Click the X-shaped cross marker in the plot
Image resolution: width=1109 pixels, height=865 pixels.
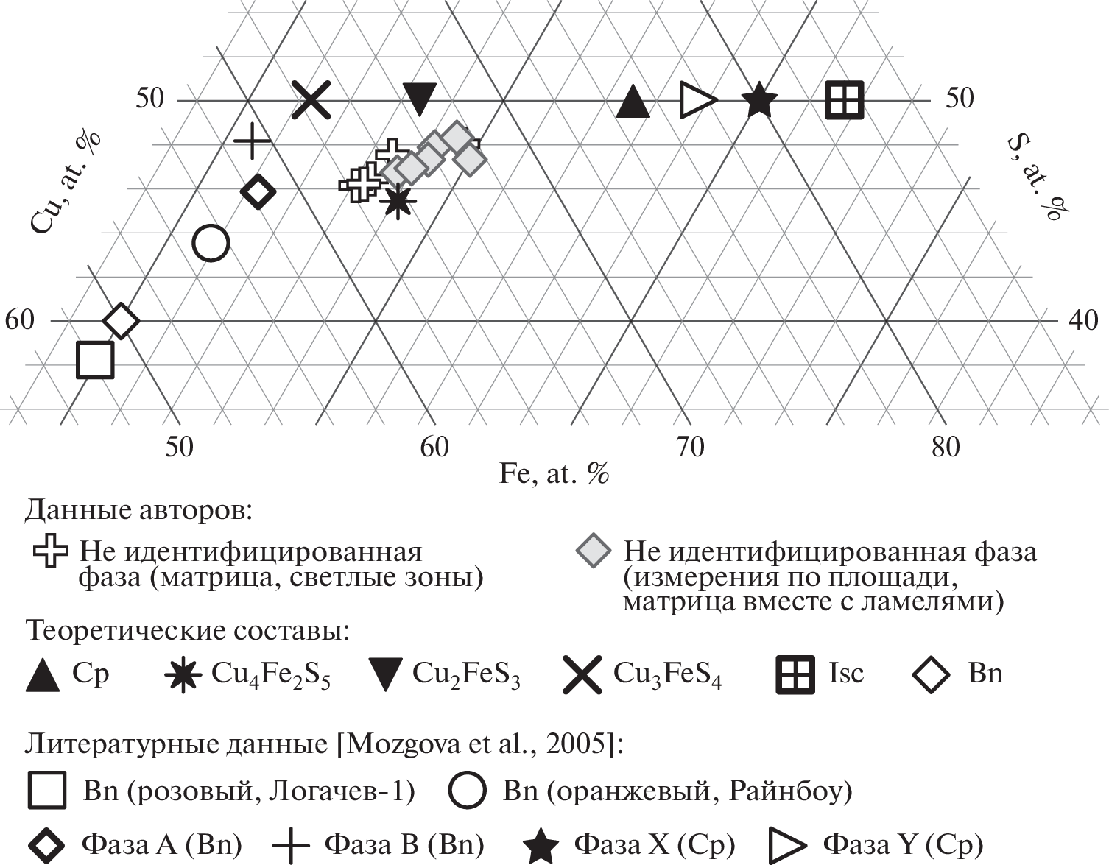(x=311, y=99)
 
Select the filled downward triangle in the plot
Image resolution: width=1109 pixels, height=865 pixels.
(x=420, y=97)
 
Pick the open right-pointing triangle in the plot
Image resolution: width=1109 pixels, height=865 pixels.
(x=697, y=99)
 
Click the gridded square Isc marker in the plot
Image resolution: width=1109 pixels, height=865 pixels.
(x=845, y=99)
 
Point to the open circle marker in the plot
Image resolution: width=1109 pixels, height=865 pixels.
(x=211, y=243)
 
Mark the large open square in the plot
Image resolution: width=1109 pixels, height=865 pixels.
(x=95, y=360)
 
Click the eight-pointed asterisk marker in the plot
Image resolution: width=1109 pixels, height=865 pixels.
(x=398, y=201)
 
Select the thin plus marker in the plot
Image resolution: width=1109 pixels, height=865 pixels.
(x=252, y=141)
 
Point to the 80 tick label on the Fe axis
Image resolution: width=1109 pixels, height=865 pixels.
(x=946, y=448)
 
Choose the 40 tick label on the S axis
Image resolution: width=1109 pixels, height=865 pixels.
(x=1083, y=320)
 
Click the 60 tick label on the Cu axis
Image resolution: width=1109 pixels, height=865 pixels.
(x=19, y=320)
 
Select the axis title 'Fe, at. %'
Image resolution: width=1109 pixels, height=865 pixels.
(x=554, y=474)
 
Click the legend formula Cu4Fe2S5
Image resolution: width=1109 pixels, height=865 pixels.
(x=270, y=674)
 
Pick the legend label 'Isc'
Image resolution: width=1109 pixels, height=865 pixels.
(x=846, y=673)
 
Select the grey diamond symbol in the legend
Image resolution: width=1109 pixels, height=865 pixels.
(x=593, y=551)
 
